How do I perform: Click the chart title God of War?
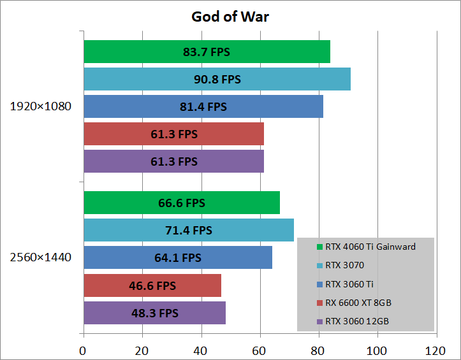(230, 17)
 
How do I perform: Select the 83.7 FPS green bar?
(207, 52)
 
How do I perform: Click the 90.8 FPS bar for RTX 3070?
(217, 79)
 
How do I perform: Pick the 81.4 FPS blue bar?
(203, 106)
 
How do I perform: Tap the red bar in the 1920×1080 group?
(173, 134)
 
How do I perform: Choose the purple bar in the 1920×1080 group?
(173, 161)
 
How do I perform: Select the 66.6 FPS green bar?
(182, 203)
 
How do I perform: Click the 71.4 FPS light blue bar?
(189, 230)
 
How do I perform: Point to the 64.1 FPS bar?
(178, 257)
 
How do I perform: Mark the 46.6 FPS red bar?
(152, 285)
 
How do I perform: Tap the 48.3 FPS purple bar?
(155, 313)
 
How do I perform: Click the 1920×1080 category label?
(40, 106)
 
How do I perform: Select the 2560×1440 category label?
(40, 257)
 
